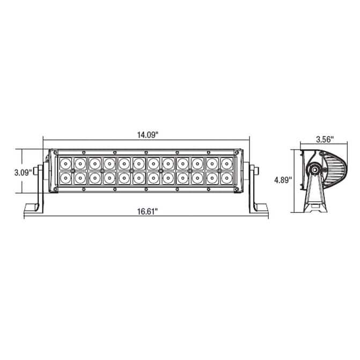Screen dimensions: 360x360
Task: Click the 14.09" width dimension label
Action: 148,135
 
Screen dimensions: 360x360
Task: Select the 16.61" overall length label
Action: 148,211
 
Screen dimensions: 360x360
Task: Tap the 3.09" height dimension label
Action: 23,172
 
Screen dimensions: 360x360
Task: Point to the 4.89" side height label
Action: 283,180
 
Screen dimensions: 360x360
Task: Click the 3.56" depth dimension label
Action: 325,139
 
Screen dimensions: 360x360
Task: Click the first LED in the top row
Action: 65,164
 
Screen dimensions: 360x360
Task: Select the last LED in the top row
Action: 227,164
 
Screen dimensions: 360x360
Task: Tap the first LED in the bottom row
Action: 65,178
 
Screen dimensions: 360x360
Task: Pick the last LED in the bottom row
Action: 227,178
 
